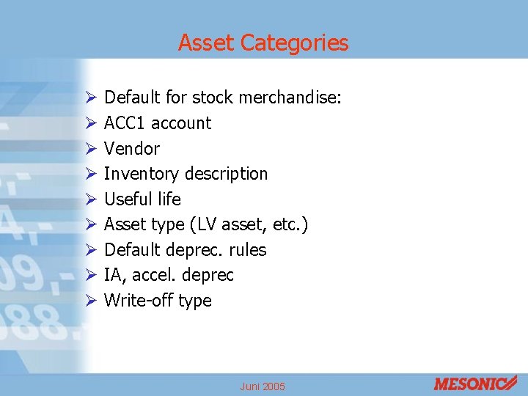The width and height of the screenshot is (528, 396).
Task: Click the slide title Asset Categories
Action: pos(263,43)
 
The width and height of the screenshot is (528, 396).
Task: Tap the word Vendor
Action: pos(132,149)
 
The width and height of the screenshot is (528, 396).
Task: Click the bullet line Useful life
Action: pos(142,199)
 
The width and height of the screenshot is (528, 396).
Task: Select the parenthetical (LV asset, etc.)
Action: pos(261,224)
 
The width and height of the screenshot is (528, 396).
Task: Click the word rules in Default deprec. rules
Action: pos(248,250)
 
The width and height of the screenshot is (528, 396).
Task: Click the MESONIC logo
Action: pos(475,384)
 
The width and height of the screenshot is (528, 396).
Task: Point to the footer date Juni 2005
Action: pos(263,386)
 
